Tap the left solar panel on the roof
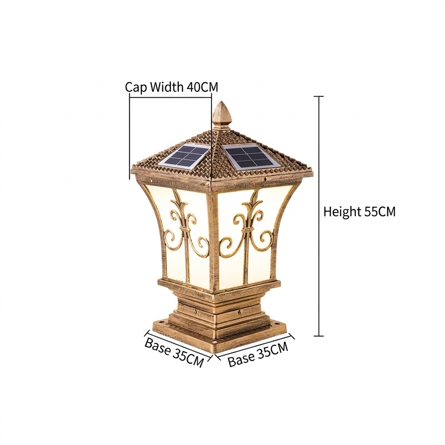point(184,157)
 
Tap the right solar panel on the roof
point(251,156)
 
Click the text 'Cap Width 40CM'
point(172,87)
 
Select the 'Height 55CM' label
point(359,212)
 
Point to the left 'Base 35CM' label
point(174,352)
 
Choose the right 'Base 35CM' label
point(258,355)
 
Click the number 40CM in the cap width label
point(203,87)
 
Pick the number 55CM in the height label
point(380,212)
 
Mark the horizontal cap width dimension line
point(170,97)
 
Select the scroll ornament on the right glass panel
point(246,227)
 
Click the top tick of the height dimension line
point(319,96)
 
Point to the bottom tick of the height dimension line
point(319,336)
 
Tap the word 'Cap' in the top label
point(136,87)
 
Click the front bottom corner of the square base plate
point(212,353)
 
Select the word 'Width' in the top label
point(166,87)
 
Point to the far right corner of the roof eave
point(312,172)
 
